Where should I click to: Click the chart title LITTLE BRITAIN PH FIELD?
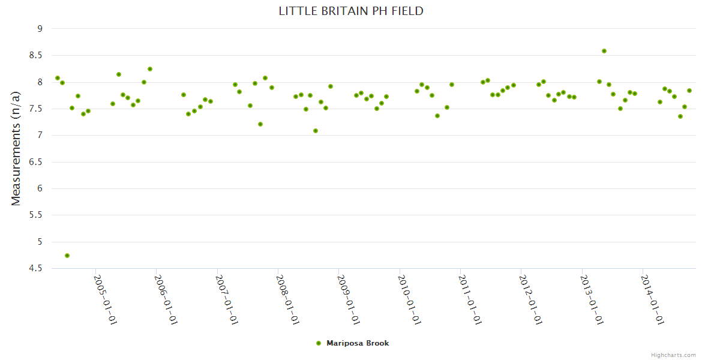pos(351,11)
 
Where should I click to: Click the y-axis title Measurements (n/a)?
pos(16,148)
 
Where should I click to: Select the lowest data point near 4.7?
pos(67,256)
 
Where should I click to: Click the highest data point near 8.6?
pos(604,51)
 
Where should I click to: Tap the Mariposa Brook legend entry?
pos(358,343)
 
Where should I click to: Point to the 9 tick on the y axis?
pos(40,28)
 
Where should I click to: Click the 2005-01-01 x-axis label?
pos(106,299)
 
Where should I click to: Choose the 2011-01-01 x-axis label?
pos(470,299)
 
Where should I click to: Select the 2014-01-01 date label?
pos(652,299)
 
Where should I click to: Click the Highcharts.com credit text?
pos(673,355)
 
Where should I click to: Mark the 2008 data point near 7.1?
pos(316,131)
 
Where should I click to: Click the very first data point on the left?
pos(58,78)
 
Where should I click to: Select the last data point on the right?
pos(689,91)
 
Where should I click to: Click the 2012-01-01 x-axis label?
pos(530,299)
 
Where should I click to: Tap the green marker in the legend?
pos(319,343)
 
